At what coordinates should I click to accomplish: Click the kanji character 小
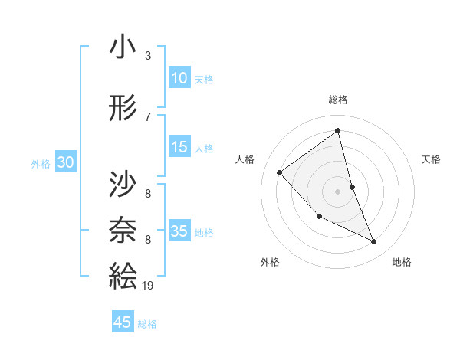click(123, 47)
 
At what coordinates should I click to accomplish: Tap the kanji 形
click(123, 109)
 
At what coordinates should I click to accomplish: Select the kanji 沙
click(123, 184)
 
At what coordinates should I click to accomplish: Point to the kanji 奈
click(123, 229)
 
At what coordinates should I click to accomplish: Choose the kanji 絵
click(123, 274)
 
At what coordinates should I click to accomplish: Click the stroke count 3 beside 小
click(147, 56)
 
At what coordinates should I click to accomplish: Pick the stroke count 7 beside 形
click(147, 117)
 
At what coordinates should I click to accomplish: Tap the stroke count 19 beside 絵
click(149, 285)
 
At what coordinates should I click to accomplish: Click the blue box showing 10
click(179, 77)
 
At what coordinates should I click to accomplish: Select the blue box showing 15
click(179, 147)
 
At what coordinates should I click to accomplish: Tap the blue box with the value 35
click(179, 231)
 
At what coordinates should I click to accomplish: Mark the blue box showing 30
click(65, 162)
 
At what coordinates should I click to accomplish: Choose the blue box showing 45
click(123, 322)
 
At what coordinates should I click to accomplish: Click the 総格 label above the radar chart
click(337, 100)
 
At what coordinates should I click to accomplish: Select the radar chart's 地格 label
click(402, 262)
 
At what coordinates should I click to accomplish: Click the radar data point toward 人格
click(280, 172)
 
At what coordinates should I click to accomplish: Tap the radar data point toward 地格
click(374, 242)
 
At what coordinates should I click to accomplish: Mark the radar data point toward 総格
click(337, 131)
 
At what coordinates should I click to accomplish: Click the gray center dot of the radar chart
click(337, 191)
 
